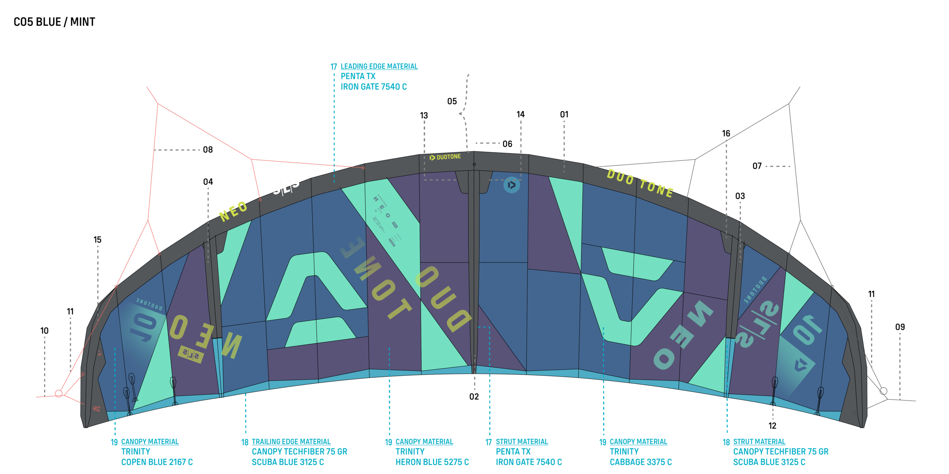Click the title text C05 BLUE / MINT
(x=54, y=22)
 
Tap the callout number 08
(x=208, y=150)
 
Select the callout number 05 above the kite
(x=452, y=102)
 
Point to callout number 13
(x=424, y=116)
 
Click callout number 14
(x=520, y=115)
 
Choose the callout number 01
(x=564, y=115)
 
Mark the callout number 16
(x=726, y=133)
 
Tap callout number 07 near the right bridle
(x=757, y=166)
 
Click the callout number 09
(x=900, y=327)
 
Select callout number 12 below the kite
(x=772, y=426)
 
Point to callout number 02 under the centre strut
(x=474, y=397)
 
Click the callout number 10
(x=44, y=331)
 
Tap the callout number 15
(x=98, y=240)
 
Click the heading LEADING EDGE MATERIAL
(x=379, y=67)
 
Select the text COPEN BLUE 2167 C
(x=157, y=462)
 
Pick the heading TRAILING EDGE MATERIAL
(x=291, y=442)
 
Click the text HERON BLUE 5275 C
(x=432, y=462)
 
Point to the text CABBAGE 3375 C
(x=640, y=462)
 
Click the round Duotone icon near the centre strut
(x=511, y=185)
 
